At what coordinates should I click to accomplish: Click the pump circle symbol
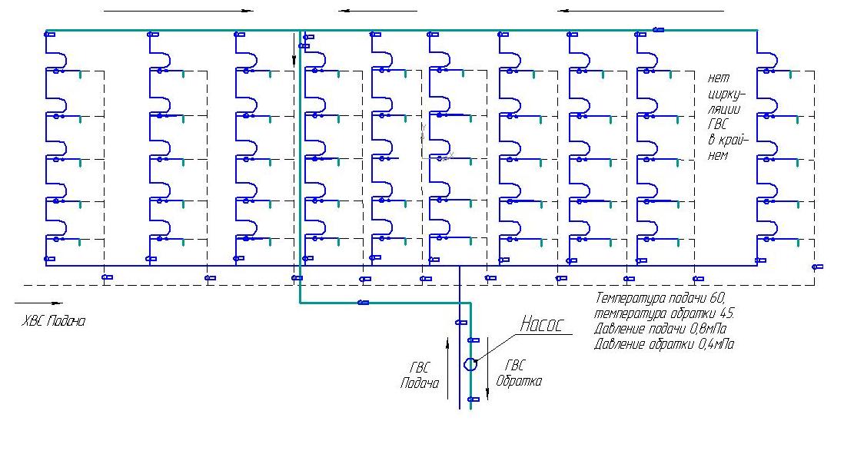pos(470,364)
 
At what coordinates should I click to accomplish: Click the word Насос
pos(541,324)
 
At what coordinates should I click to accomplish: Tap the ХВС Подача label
pos(53,321)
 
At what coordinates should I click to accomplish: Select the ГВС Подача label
pos(420,375)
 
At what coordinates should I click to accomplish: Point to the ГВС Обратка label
pos(518,373)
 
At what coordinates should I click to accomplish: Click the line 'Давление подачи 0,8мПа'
pos(660,328)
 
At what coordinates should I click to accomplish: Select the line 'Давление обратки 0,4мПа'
pos(664,343)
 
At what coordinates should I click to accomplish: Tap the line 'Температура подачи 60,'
pos(660,297)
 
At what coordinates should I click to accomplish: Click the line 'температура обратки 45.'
pos(664,313)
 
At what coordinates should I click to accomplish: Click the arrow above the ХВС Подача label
pos(38,303)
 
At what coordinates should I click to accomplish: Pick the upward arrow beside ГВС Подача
pos(447,369)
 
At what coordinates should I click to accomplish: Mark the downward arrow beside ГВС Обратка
pos(487,369)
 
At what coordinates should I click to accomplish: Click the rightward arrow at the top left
pos(178,10)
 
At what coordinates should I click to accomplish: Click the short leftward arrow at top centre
pos(378,10)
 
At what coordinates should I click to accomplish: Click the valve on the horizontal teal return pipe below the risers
pos(364,303)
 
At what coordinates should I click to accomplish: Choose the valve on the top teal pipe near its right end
pos(658,30)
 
